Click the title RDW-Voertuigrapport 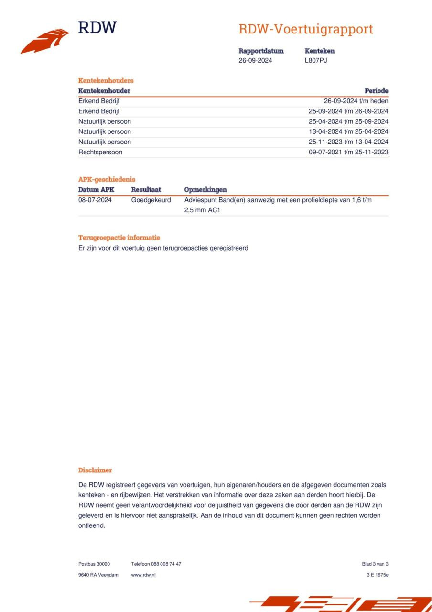tap(305, 29)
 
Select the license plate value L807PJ tap(315, 60)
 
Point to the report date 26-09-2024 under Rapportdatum tap(255, 60)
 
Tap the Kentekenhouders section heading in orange tap(106, 80)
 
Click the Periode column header tap(376, 91)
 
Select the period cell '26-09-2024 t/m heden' tap(356, 101)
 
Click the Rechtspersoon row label tap(100, 152)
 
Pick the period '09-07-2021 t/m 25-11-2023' tap(348, 152)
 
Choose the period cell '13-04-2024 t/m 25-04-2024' tap(348, 131)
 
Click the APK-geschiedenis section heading tap(107, 179)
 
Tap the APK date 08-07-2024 tap(95, 200)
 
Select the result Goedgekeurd tap(151, 200)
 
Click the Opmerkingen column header tap(205, 190)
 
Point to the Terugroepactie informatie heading tap(119, 238)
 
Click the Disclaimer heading tap(95, 470)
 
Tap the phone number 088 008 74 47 tap(166, 564)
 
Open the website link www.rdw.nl tap(143, 575)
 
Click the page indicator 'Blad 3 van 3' tap(375, 564)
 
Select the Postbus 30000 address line tap(94, 564)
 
